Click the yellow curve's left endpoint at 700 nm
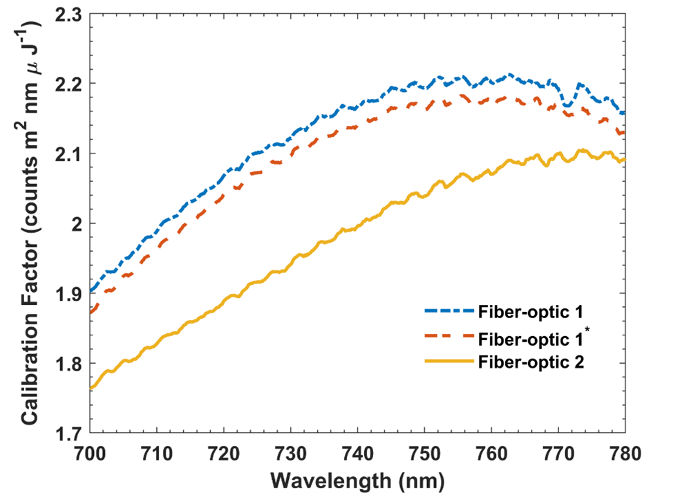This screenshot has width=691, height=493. pos(91,388)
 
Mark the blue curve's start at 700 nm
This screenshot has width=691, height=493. pos(91,291)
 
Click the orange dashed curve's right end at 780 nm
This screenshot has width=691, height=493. pos(624,133)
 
